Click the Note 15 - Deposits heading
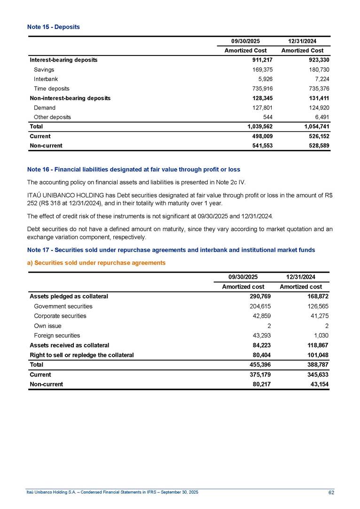(x=53, y=27)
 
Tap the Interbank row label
(x=46, y=79)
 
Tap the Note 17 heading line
(x=171, y=250)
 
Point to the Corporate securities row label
(x=60, y=316)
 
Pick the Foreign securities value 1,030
(x=322, y=336)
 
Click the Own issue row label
(x=47, y=326)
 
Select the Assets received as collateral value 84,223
(x=262, y=345)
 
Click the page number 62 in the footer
(x=331, y=492)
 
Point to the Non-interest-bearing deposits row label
(x=70, y=98)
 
